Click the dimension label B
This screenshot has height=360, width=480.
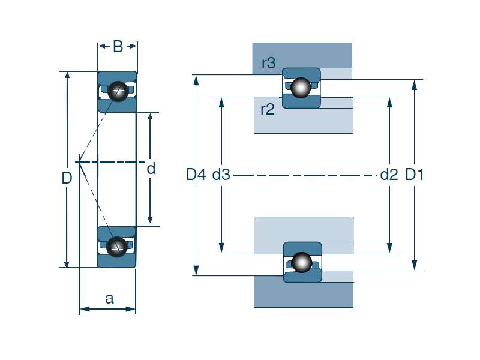(x=118, y=47)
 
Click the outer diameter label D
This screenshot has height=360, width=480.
(x=67, y=178)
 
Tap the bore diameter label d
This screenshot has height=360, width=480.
(x=151, y=169)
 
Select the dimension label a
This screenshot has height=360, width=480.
(x=109, y=298)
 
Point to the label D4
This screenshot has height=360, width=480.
(x=196, y=175)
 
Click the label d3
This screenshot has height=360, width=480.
(x=221, y=175)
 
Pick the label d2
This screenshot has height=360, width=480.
(x=389, y=175)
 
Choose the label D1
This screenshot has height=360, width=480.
(x=415, y=175)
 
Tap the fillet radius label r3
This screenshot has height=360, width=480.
(x=268, y=63)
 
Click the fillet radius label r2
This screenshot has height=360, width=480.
(x=267, y=109)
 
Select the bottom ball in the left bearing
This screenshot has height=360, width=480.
(x=117, y=245)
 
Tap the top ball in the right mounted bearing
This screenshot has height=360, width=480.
(x=301, y=88)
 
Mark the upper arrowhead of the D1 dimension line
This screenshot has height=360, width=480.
(x=415, y=84)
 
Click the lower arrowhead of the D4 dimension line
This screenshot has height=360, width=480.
(x=196, y=271)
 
